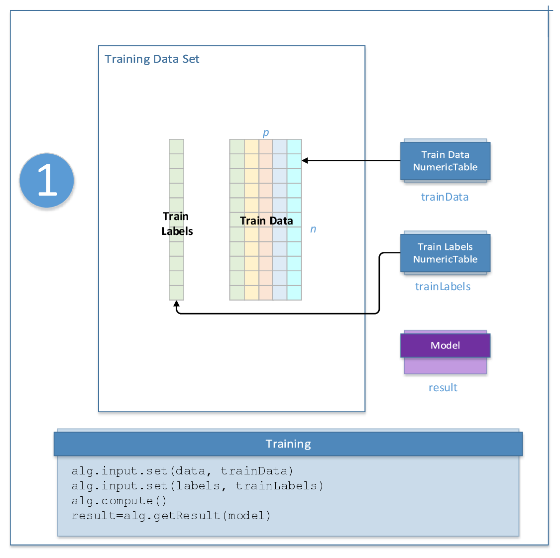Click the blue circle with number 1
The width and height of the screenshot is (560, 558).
click(47, 180)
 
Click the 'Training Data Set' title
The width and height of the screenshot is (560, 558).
click(152, 59)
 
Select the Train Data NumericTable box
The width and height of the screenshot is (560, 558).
click(445, 161)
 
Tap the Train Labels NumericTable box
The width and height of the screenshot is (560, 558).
click(445, 253)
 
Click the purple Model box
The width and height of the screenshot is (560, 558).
click(445, 345)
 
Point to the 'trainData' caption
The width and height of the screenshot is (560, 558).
click(445, 197)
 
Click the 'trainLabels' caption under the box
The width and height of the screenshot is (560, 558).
click(443, 287)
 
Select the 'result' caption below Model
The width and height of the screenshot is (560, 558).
click(443, 388)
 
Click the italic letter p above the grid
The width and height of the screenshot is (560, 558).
click(266, 132)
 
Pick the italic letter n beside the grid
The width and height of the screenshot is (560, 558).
click(313, 229)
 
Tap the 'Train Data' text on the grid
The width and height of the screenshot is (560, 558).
click(266, 221)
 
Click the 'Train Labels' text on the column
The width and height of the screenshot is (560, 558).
click(177, 223)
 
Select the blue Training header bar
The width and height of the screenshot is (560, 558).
click(288, 444)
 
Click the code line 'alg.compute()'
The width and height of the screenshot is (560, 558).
click(119, 501)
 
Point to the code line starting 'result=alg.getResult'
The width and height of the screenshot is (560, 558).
click(171, 516)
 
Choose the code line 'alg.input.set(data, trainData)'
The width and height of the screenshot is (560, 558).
click(182, 471)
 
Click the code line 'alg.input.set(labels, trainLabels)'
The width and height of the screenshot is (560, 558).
click(197, 486)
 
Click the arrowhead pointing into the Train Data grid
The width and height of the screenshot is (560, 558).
click(305, 161)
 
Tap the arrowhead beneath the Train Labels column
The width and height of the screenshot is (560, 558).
click(176, 304)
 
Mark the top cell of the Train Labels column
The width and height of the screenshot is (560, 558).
click(176, 147)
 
